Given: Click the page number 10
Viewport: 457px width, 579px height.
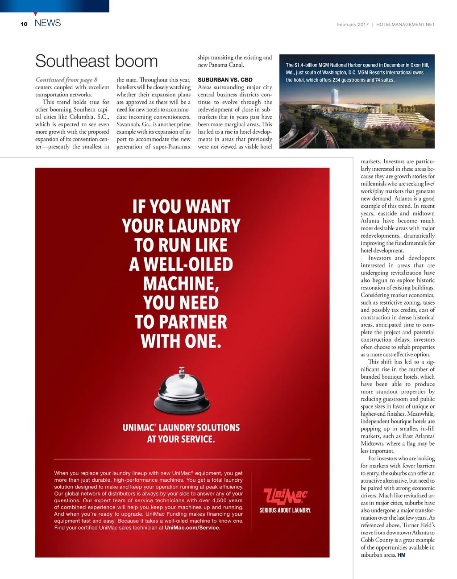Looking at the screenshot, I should (24, 24).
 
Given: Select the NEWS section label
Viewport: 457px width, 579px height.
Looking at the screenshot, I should (48, 23).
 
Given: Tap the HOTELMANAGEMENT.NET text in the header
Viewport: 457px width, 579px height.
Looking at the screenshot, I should (405, 25).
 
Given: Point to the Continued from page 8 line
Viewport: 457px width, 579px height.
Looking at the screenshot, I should (66, 80).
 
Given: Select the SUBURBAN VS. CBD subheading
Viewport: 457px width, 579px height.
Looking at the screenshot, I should (225, 80).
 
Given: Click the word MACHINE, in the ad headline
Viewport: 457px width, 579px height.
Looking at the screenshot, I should (181, 284).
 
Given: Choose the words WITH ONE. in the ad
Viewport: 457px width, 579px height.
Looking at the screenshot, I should (181, 342).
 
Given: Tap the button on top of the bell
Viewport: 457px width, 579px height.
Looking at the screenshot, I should (182, 370).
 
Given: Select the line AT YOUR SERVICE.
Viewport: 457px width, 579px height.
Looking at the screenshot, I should (181, 439).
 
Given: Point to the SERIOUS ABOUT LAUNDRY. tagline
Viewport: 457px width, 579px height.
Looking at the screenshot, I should (285, 510).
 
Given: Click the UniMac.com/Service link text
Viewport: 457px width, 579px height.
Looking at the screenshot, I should (192, 528).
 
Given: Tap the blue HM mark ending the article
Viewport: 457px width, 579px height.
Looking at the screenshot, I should (401, 555).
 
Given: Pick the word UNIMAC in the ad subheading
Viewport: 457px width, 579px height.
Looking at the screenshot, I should (138, 428).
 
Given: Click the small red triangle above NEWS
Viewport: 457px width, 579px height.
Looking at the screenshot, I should (35, 14).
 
